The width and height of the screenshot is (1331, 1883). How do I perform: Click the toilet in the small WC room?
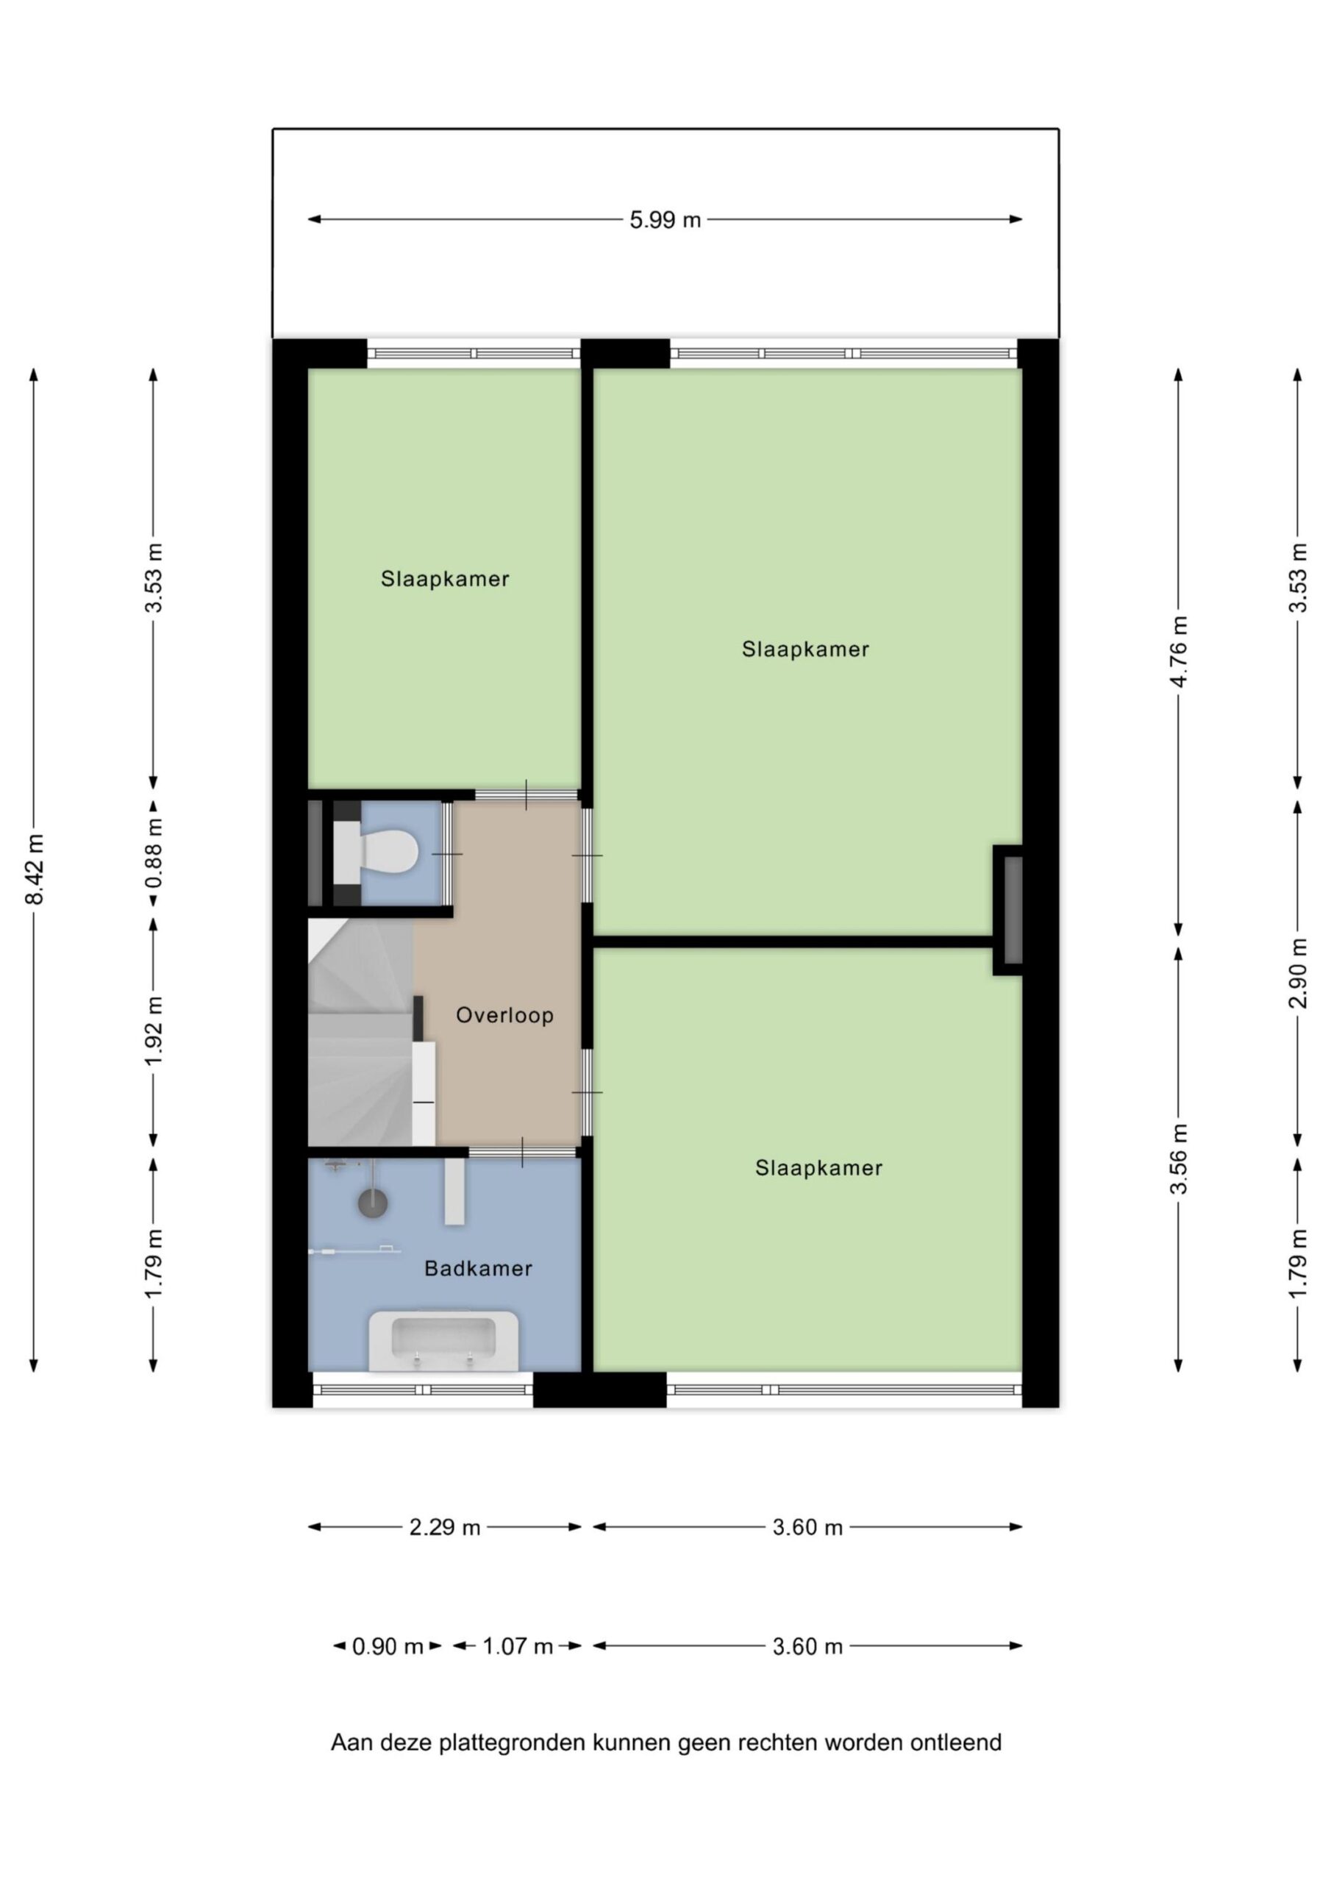[x=377, y=852]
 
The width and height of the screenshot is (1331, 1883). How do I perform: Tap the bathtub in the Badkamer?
[x=443, y=1340]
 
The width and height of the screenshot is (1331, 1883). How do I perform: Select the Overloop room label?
[x=504, y=1015]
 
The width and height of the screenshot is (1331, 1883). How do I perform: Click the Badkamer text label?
[x=478, y=1269]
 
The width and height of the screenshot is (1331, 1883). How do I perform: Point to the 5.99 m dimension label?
[x=665, y=220]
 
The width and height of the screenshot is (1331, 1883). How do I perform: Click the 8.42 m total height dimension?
[x=35, y=869]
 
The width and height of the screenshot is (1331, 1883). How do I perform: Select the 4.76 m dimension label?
[x=1179, y=651]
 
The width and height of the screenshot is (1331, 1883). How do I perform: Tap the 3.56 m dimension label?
[x=1179, y=1158]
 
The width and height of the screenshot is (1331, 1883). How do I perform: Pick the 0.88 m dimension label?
[x=154, y=854]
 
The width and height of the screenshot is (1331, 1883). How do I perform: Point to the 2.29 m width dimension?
[x=444, y=1527]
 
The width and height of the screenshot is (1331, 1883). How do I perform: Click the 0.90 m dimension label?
[x=387, y=1646]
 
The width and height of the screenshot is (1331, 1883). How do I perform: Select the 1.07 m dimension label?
[x=518, y=1646]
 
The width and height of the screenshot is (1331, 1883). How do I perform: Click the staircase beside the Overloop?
[x=361, y=1032]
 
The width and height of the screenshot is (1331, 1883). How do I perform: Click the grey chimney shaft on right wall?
[x=1013, y=910]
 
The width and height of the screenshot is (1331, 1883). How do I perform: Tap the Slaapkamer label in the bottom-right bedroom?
[x=818, y=1168]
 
